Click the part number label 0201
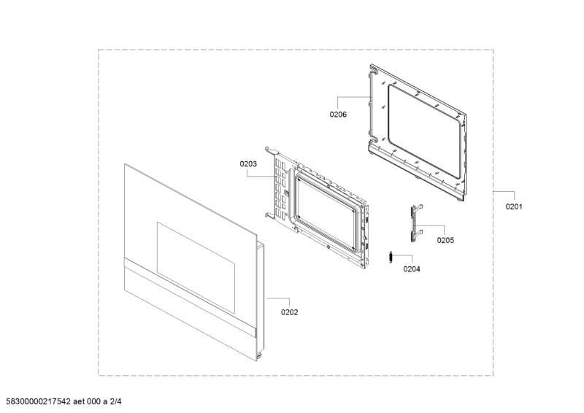[x=514, y=206]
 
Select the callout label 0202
[x=289, y=312]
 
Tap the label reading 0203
[x=248, y=164]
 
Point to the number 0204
[x=412, y=269]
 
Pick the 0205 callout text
[x=445, y=239]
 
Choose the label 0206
[x=337, y=115]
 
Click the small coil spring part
[x=391, y=257]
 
